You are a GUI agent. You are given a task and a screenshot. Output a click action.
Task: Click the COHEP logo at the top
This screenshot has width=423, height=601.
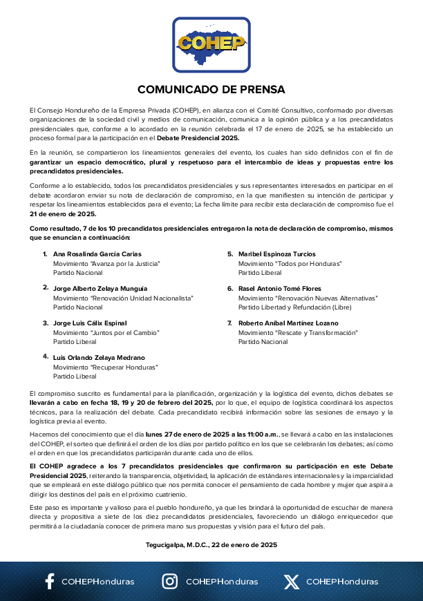(x=211, y=44)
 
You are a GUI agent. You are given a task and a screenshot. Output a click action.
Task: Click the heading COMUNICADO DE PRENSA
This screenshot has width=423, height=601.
(x=211, y=90)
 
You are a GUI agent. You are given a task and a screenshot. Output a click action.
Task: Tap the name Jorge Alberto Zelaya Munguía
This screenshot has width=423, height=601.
(x=100, y=288)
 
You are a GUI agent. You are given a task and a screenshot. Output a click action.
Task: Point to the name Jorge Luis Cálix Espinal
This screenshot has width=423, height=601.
(x=90, y=323)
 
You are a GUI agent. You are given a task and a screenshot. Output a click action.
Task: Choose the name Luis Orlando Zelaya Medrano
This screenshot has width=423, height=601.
(x=99, y=357)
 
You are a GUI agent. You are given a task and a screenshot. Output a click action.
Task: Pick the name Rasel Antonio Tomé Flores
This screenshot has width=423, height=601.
(x=279, y=288)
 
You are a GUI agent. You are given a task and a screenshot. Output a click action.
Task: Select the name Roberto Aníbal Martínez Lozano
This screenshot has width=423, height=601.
(x=288, y=323)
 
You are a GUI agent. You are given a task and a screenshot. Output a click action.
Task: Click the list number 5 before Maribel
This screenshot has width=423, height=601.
(x=230, y=254)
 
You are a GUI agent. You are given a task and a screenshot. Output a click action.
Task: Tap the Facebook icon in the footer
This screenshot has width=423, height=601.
(x=50, y=581)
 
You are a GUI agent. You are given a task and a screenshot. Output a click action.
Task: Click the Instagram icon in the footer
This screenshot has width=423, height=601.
(x=169, y=581)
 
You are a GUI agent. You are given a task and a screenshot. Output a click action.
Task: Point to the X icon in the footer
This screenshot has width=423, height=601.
(x=291, y=581)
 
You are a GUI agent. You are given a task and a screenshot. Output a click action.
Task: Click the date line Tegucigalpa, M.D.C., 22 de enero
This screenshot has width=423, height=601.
(x=211, y=544)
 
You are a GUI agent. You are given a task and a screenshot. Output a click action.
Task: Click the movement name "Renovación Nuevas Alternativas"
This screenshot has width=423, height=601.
(x=308, y=298)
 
